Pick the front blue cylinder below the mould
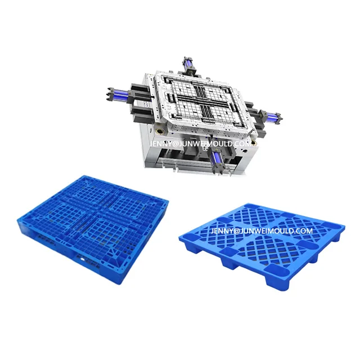pos(216,164)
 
